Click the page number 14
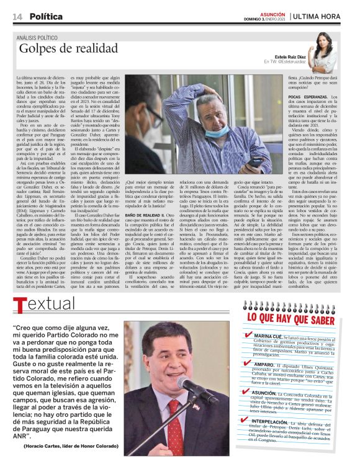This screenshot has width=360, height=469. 17,16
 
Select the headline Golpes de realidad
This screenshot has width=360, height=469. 68,48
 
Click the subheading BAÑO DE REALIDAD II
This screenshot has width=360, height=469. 143,215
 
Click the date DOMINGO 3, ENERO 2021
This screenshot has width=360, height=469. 263,19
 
